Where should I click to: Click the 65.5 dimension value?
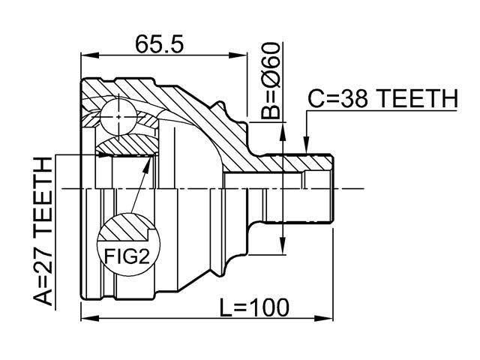[160, 44]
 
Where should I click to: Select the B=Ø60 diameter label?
[270, 81]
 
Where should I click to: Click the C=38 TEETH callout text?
[383, 98]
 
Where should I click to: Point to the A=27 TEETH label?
[43, 232]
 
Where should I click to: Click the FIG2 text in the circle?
[127, 256]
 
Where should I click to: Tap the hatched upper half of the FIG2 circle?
[126, 227]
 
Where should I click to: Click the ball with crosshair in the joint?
[118, 117]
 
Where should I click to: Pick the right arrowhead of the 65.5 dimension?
[238, 55]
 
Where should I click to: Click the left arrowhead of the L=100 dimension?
[90, 318]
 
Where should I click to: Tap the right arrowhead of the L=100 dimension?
[323, 318]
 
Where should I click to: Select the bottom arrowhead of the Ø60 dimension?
[283, 245]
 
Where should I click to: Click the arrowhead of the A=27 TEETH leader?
[103, 155]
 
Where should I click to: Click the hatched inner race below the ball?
[126, 145]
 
